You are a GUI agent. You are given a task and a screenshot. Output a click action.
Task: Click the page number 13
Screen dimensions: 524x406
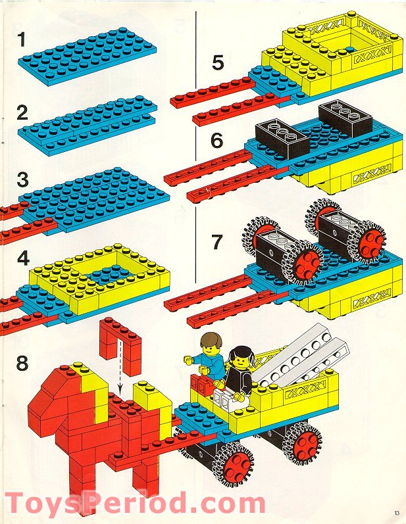(x=395, y=513)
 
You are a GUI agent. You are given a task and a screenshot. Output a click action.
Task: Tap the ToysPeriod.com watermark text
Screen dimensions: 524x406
(x=135, y=505)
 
